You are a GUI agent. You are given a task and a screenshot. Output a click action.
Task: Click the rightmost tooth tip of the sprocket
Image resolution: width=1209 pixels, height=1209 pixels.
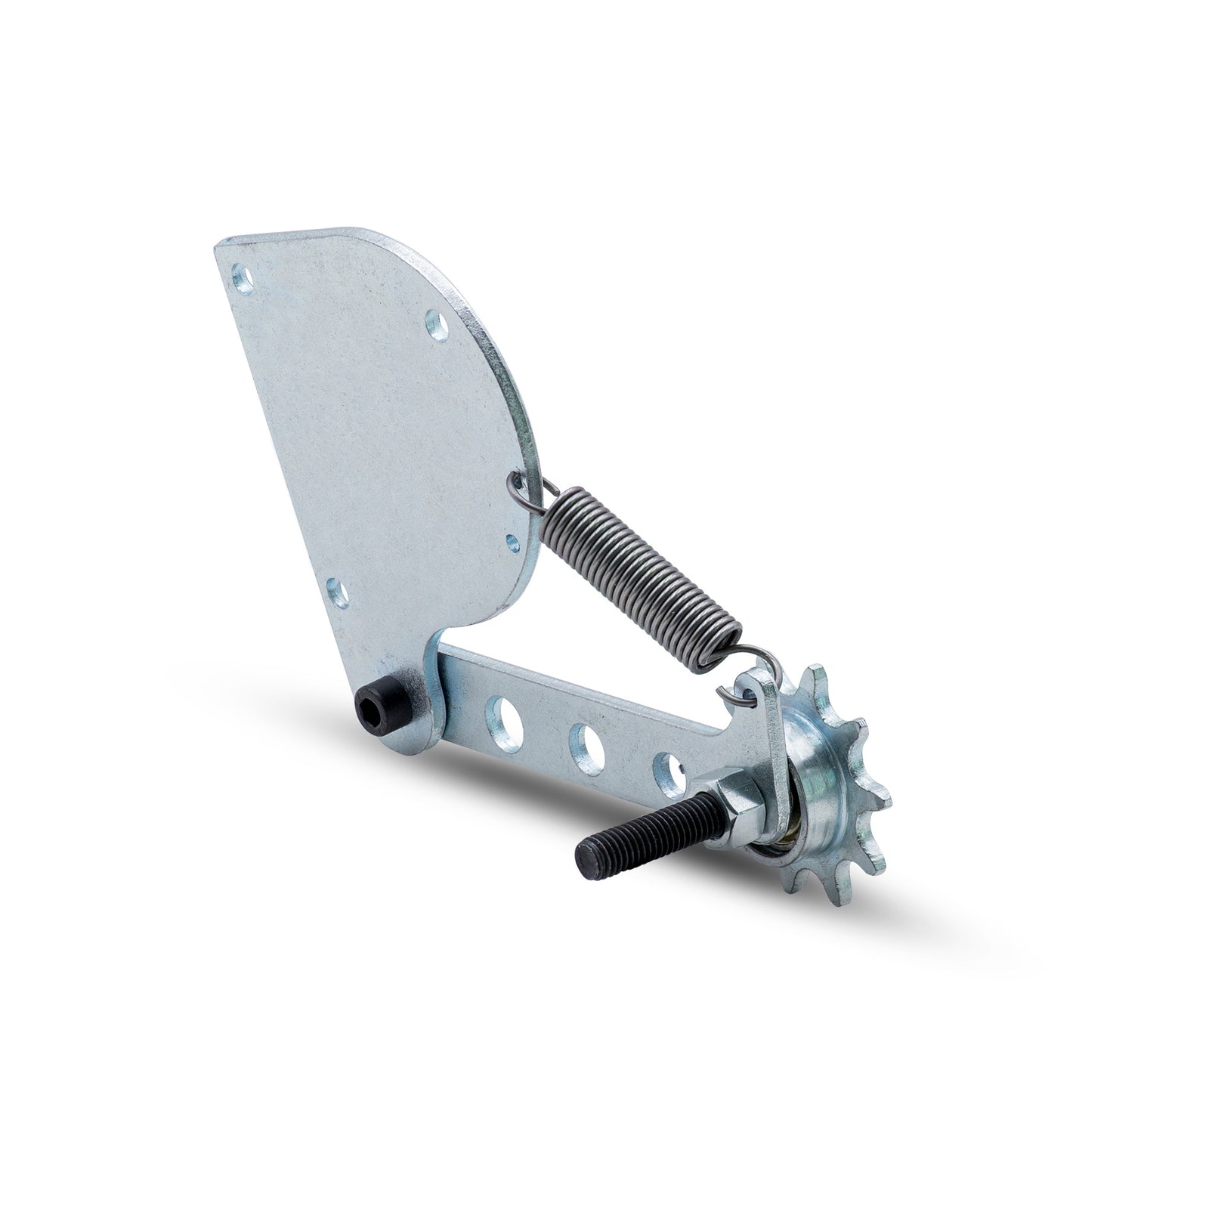pos(884,801)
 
